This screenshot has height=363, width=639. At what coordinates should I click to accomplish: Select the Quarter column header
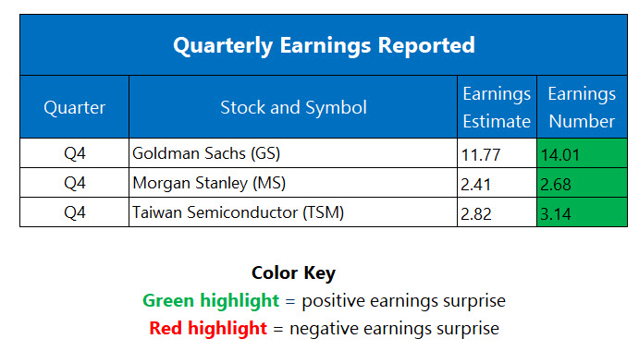[x=75, y=107]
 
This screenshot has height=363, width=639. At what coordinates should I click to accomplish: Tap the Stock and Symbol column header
[x=293, y=107]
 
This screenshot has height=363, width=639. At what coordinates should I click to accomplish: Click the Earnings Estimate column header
[x=497, y=107]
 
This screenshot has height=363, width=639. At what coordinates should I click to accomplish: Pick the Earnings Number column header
[x=581, y=107]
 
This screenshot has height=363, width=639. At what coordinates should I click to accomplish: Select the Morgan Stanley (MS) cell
[x=198, y=183]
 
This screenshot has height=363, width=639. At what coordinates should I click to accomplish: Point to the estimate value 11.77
[x=481, y=154]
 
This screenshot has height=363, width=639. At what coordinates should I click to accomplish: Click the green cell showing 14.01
[x=581, y=154]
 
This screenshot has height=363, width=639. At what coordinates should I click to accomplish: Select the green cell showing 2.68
[x=581, y=183]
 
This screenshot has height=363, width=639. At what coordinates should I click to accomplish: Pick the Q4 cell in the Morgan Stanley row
[x=75, y=183]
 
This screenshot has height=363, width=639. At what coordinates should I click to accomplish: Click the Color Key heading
[x=293, y=273]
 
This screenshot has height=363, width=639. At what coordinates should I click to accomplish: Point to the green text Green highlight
[x=210, y=300]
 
